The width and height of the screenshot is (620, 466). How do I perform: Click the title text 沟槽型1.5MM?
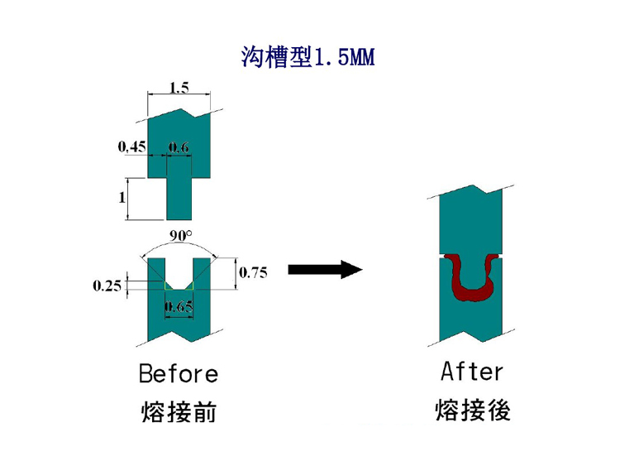click(308, 57)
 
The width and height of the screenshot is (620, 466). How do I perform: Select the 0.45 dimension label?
click(131, 147)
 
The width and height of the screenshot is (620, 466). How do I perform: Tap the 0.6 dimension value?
click(179, 148)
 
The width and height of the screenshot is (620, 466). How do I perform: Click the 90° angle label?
click(180, 236)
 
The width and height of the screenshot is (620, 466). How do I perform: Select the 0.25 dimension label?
click(107, 286)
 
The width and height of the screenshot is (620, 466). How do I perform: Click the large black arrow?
click(325, 269)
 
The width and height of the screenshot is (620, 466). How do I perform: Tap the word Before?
click(179, 374)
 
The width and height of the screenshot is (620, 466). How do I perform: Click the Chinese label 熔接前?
click(179, 411)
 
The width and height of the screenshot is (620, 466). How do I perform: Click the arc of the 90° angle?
click(180, 246)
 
